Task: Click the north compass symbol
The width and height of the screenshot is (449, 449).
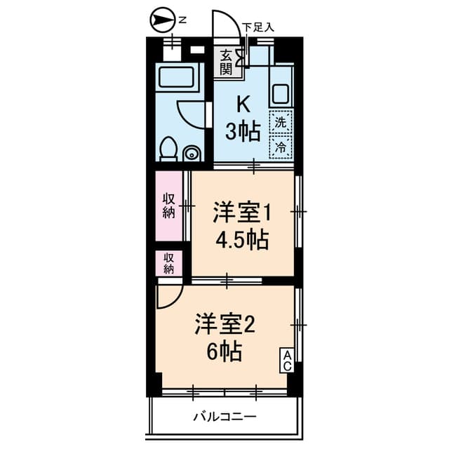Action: [x=162, y=20]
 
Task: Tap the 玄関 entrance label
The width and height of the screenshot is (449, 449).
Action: [x=226, y=62]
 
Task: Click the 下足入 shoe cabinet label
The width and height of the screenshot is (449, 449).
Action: [x=258, y=27]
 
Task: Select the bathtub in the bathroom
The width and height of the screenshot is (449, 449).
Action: [x=176, y=76]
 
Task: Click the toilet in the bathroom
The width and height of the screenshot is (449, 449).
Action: [x=168, y=149]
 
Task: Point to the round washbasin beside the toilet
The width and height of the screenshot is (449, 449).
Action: [x=192, y=153]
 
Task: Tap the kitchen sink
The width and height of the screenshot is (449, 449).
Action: [x=281, y=93]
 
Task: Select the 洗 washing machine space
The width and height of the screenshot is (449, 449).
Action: [x=281, y=122]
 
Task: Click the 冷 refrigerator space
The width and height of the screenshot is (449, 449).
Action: [x=281, y=147]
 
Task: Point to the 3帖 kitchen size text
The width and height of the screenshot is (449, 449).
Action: [x=243, y=131]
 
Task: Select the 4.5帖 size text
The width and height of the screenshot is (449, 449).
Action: [x=242, y=239]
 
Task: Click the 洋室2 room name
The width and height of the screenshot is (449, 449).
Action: [x=224, y=326]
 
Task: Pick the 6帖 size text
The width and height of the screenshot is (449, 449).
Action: [x=224, y=351]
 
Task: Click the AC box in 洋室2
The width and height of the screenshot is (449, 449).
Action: [x=287, y=361]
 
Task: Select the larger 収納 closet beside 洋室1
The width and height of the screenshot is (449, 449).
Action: [x=169, y=206]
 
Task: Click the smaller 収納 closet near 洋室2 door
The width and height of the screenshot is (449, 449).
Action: [x=169, y=264]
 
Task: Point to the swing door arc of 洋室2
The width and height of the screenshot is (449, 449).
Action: [x=175, y=301]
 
